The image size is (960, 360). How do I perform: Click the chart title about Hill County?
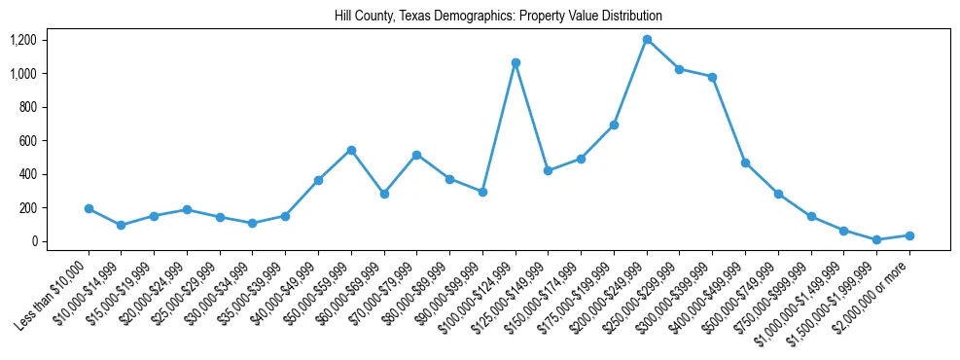pos(480,17)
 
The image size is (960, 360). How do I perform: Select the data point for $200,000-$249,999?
pos(647,40)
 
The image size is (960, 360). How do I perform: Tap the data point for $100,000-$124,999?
pos(516,62)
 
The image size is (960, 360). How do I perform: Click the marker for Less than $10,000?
pos(89,208)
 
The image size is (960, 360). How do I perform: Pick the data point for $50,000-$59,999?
pos(351,150)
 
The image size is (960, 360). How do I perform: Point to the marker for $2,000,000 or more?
pos(909,235)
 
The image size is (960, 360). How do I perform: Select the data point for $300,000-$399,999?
pos(712,77)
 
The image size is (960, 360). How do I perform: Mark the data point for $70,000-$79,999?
pos(416,155)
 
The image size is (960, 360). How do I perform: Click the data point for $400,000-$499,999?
pos(745,162)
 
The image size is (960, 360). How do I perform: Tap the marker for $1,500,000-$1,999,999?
pos(876,239)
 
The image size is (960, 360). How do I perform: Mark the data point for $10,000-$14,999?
pos(121,225)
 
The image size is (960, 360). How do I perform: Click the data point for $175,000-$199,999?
pos(614,125)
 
